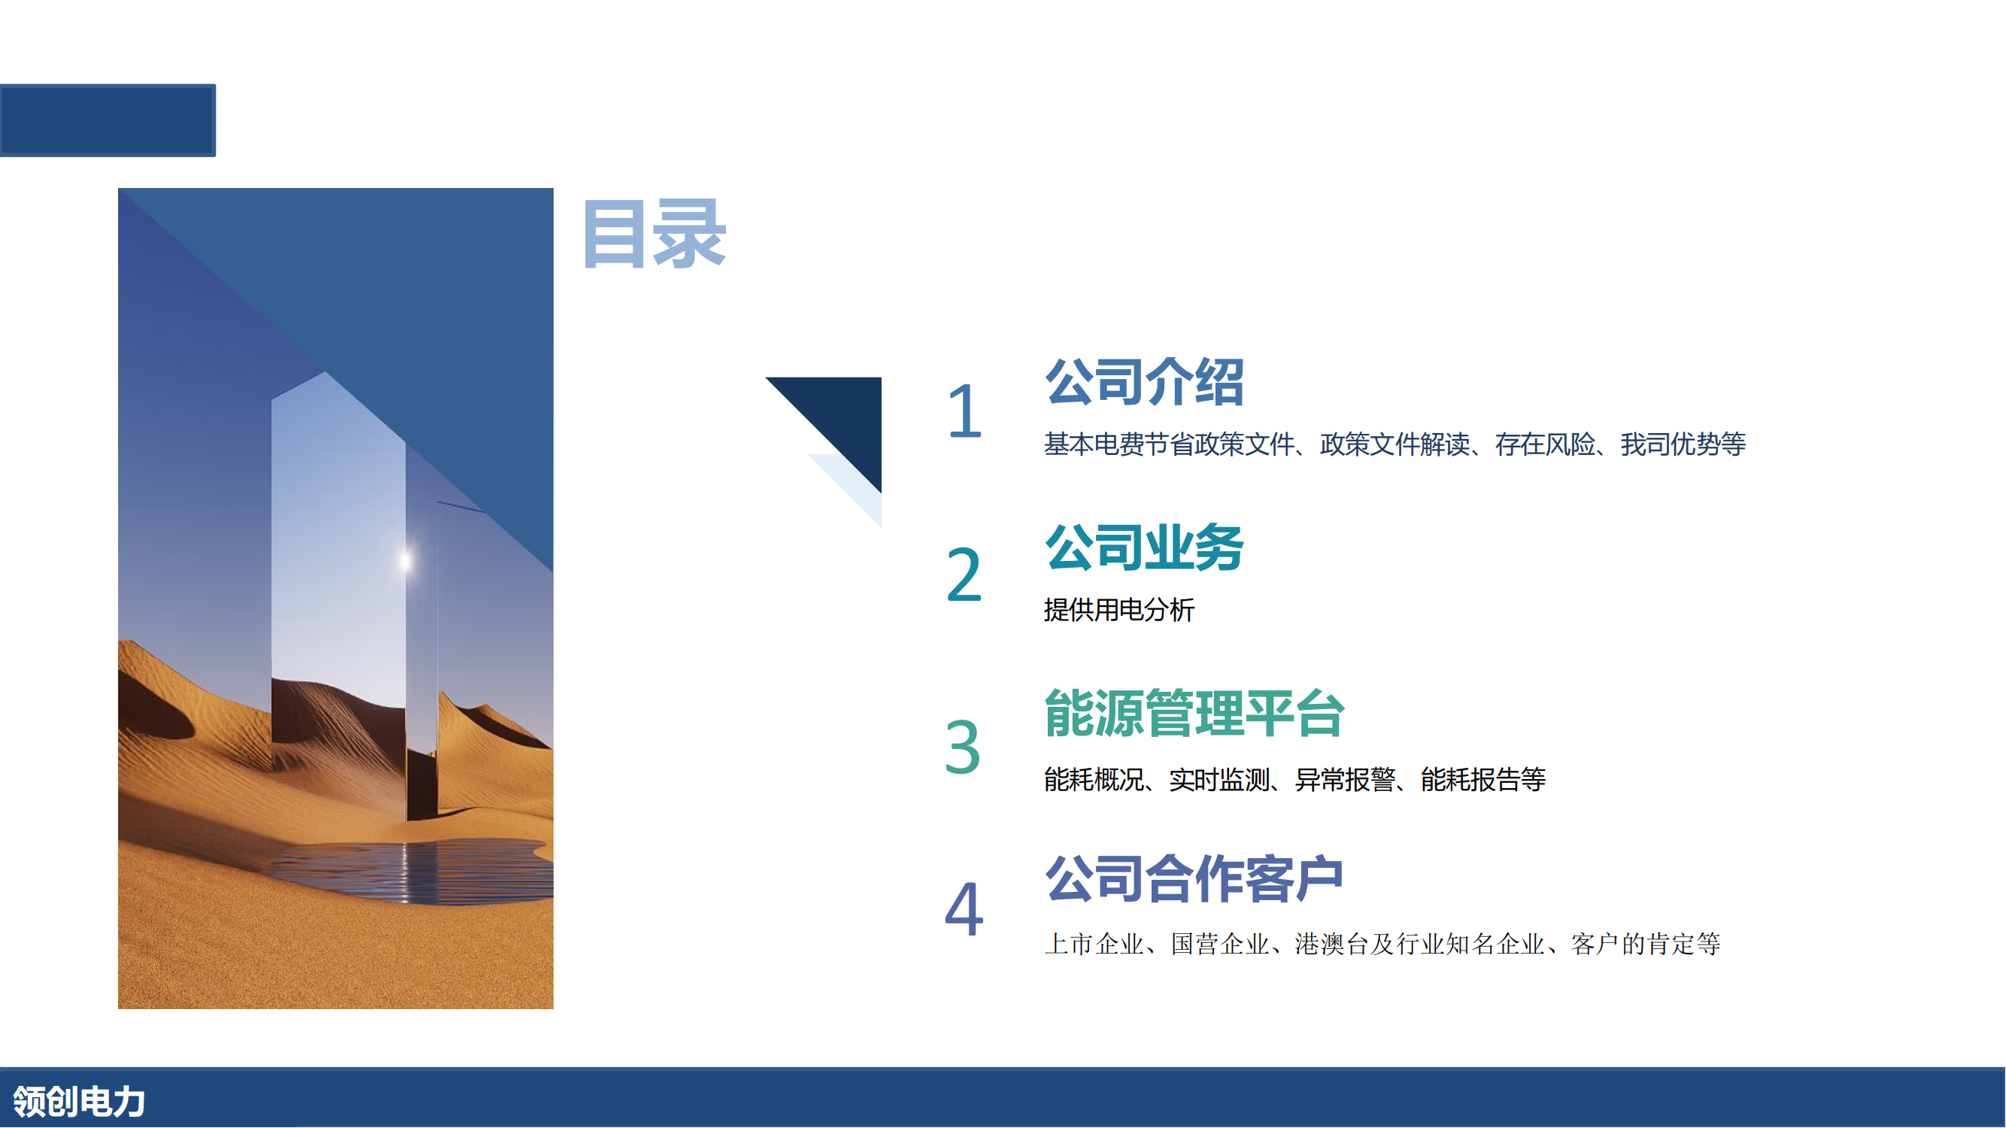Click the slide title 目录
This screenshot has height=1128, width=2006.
(x=654, y=234)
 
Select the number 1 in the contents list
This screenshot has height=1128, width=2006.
(x=965, y=411)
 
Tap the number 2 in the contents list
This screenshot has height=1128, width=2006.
(x=964, y=575)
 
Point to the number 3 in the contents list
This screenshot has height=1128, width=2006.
(x=963, y=747)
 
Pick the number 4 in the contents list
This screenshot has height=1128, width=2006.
(x=964, y=908)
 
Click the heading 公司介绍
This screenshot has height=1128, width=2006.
(x=1144, y=381)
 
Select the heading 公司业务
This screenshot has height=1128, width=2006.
(x=1144, y=547)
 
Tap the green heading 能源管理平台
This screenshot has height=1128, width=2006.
(x=1194, y=713)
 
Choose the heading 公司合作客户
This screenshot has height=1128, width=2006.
(x=1194, y=878)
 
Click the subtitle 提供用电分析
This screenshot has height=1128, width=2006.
(x=1119, y=610)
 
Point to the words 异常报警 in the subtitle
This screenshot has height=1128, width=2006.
(x=1345, y=779)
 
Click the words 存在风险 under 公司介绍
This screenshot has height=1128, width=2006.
(x=1545, y=444)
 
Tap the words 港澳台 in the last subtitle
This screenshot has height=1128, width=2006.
(x=1331, y=945)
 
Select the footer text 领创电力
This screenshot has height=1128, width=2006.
(x=80, y=1102)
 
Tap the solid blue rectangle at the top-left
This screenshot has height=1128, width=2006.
(x=108, y=120)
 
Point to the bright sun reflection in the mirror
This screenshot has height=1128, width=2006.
(x=405, y=559)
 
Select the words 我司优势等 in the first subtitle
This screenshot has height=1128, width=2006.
(x=1683, y=444)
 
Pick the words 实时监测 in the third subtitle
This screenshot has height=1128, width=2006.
(x=1219, y=779)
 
